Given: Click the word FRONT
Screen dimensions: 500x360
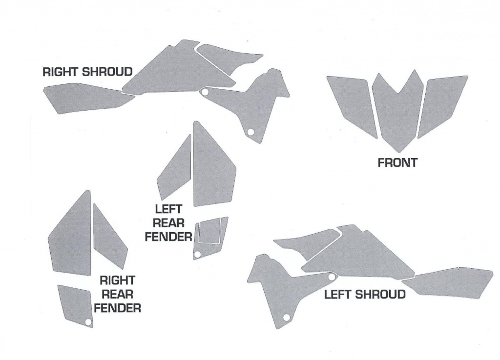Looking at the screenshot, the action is point(397,163).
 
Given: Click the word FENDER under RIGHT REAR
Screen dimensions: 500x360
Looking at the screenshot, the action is point(117,308).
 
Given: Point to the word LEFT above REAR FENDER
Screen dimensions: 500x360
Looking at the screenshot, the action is point(168,209).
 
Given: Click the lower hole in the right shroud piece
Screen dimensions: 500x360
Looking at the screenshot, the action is point(250,132).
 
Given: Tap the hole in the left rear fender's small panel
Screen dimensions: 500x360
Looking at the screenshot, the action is point(197,254).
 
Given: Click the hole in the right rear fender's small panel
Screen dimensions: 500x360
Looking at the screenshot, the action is point(88,322).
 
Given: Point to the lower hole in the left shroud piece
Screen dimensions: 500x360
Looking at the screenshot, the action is point(286,317).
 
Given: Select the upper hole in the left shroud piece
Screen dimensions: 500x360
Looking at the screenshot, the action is point(332,277).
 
